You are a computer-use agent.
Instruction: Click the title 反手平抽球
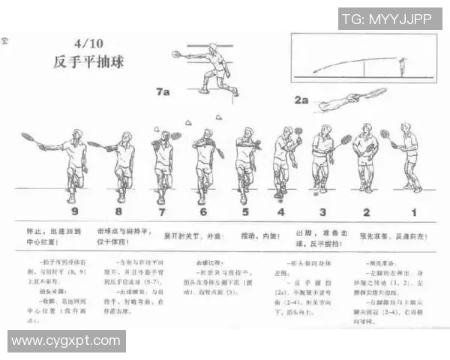pos(88,61)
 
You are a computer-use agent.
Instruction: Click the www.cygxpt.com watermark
pos(66,341)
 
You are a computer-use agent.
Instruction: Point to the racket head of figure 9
pos(27,137)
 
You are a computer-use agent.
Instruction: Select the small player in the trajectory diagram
pos(403,67)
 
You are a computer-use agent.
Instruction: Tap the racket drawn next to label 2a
pos(373,94)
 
